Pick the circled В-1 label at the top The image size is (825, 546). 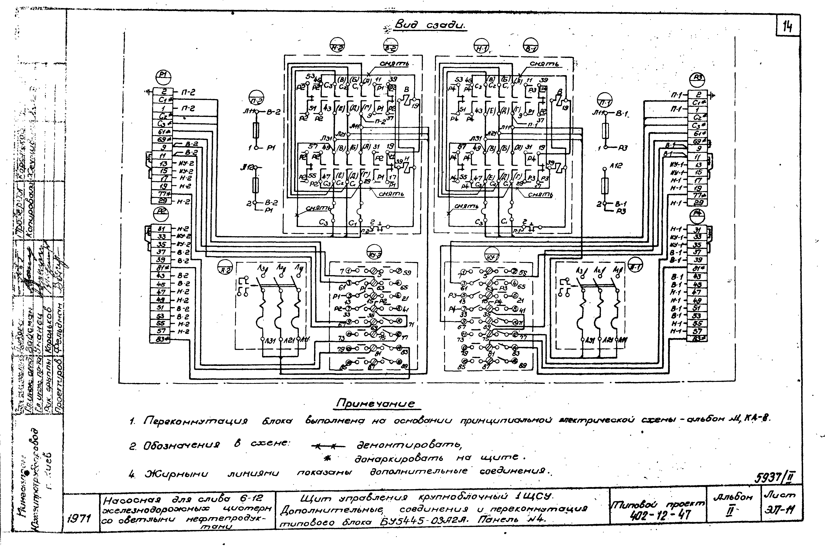[x=530, y=47]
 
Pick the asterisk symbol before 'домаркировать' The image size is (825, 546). [x=327, y=459]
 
